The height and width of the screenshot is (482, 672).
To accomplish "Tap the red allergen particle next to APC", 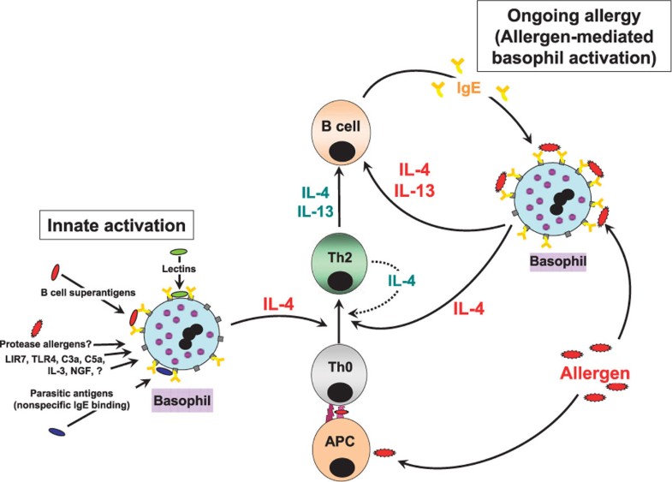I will click(385, 450).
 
